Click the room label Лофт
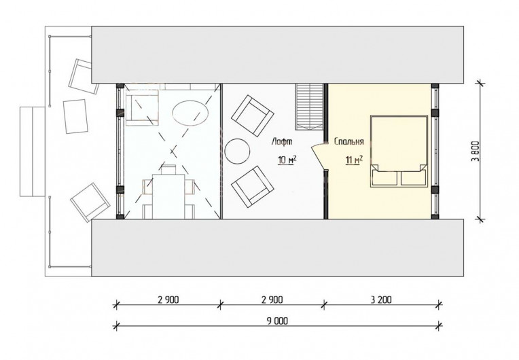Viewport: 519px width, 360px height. click(282, 141)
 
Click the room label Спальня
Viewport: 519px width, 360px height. click(349, 141)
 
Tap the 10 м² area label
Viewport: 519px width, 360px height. click(287, 160)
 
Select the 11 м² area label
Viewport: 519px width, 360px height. click(354, 160)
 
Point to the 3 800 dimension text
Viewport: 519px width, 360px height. click(476, 151)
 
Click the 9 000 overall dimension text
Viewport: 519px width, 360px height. click(278, 321)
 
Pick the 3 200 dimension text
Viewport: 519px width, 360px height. click(381, 300)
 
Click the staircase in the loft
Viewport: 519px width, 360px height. click(309, 107)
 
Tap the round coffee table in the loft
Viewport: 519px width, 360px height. click(237, 151)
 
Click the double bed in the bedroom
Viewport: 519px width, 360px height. click(399, 151)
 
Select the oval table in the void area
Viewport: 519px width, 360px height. click(190, 113)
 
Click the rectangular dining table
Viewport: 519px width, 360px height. click(168, 196)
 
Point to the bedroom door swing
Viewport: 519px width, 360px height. click(319, 155)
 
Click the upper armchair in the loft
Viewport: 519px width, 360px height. click(253, 115)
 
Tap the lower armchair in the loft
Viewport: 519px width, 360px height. click(253, 187)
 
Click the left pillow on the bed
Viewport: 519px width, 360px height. click(384, 178)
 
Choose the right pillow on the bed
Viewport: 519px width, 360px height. click(413, 178)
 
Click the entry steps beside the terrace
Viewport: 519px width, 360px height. click(33, 151)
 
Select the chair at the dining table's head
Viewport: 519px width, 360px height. click(168, 169)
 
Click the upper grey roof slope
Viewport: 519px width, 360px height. click(277, 54)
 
